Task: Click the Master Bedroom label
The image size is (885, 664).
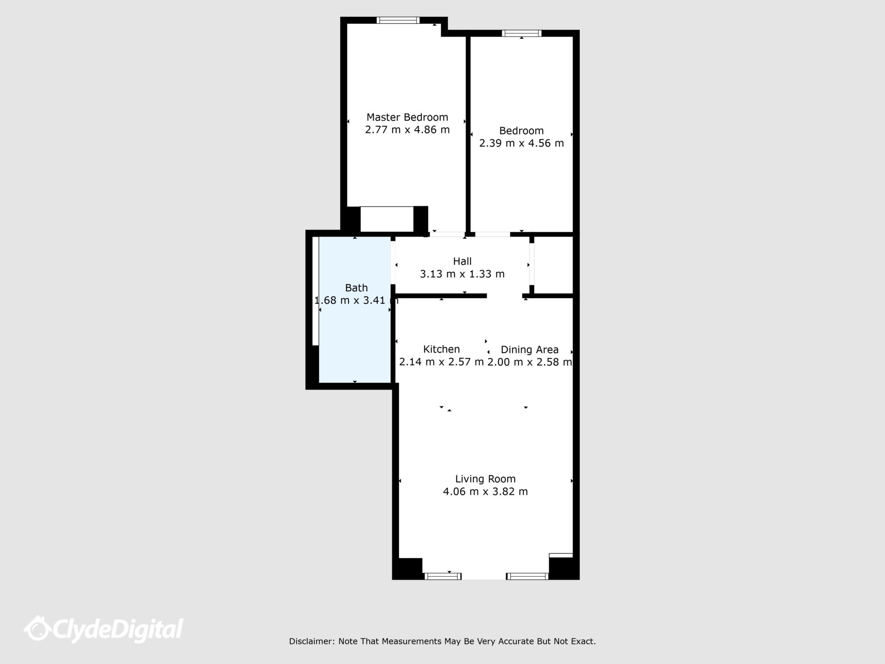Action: (x=407, y=117)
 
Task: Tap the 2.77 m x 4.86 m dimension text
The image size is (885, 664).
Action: (x=407, y=130)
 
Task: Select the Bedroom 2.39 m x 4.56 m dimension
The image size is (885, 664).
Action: (x=522, y=143)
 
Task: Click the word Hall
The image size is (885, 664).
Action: (x=462, y=261)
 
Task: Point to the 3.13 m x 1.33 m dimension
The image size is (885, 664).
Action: (x=462, y=274)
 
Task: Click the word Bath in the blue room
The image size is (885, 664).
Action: (x=357, y=288)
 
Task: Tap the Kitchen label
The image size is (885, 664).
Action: (x=441, y=349)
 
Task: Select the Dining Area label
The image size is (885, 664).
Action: (x=530, y=350)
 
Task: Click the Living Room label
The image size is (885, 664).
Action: (x=485, y=479)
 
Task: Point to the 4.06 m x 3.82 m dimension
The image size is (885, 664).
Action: (x=485, y=492)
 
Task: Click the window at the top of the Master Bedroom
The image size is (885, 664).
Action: (x=398, y=20)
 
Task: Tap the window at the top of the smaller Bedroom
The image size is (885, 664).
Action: (x=522, y=33)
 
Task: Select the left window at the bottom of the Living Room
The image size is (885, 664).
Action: (x=443, y=576)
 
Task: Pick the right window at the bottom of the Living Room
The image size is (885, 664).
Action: (x=527, y=576)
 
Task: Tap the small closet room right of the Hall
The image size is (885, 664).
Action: (x=554, y=265)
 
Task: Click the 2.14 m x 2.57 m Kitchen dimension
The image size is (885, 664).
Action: (x=441, y=362)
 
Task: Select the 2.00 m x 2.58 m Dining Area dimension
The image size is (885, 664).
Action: (x=530, y=362)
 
